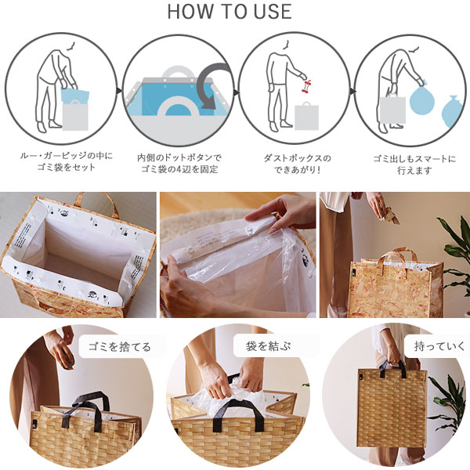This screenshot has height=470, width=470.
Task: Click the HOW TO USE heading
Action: click(230, 12)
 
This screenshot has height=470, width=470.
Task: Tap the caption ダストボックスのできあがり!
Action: click(298, 164)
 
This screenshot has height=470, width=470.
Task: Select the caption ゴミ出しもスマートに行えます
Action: click(414, 164)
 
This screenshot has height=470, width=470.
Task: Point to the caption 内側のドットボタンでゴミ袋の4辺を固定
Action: click(179, 164)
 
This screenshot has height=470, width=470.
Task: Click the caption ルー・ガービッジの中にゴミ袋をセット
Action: click(67, 161)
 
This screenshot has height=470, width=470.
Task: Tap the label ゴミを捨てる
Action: click(119, 347)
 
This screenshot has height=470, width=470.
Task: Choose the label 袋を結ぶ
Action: click(268, 346)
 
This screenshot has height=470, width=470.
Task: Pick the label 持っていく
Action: click(439, 346)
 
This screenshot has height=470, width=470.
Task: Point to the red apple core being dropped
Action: click(307, 85)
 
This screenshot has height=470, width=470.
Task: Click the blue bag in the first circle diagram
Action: click(74, 96)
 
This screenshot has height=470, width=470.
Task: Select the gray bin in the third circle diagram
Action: click(306, 116)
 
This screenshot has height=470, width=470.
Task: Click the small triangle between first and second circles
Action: click(120, 91)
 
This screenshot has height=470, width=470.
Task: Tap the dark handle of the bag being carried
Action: click(392, 368)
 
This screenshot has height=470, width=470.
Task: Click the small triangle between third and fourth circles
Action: click(353, 91)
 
